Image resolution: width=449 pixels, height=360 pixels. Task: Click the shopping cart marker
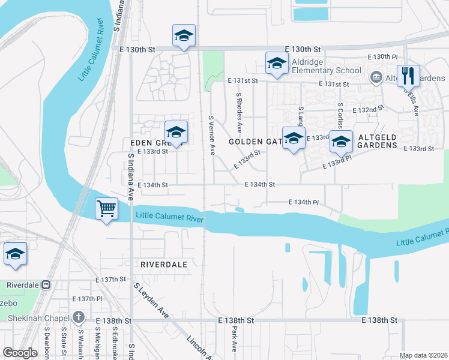pos(107,209)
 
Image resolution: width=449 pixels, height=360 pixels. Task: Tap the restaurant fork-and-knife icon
pos(408,75)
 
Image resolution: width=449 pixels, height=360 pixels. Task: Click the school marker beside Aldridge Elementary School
pos(277,63)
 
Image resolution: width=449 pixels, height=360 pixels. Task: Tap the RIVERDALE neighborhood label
pos(164,264)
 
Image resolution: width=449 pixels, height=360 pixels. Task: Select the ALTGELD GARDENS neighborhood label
pos(378,145)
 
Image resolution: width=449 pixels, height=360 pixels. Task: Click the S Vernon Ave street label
pos(211,136)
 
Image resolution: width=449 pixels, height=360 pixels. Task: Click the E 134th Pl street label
pos(304,203)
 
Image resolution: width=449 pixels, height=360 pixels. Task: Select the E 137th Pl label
pos(87,298)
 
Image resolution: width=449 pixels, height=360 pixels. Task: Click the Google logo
pos(20,353)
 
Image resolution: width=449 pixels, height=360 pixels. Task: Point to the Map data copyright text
pos(423,355)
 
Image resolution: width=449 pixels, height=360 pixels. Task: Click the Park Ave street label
pos(234,339)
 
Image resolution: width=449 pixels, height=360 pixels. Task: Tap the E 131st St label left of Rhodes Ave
pos(242,80)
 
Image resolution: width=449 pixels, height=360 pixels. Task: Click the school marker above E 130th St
pos(184,35)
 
